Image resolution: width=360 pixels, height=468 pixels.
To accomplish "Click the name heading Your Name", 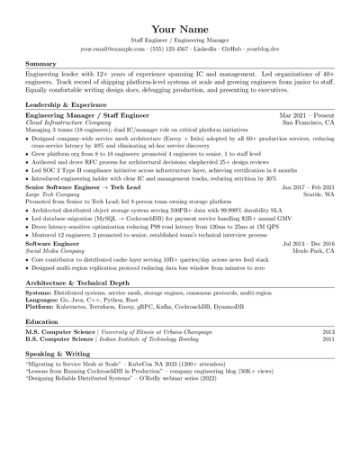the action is (x=180, y=30).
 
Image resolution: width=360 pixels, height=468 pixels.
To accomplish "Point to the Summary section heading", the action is (x=41, y=65).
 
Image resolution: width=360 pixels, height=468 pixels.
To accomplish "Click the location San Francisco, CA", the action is (x=309, y=124).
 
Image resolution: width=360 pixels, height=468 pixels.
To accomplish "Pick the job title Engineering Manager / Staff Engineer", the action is (x=85, y=117).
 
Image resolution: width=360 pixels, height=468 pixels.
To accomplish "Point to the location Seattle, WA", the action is (x=319, y=194).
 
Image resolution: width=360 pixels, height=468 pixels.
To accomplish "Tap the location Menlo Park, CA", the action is (x=313, y=251).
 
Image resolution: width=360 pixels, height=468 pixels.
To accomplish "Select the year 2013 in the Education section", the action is (x=328, y=332).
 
